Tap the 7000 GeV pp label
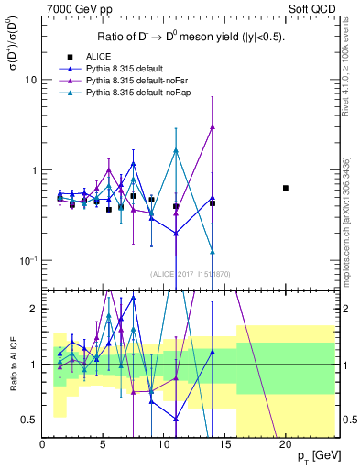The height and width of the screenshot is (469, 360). [74, 9]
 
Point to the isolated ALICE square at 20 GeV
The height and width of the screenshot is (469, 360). [286, 188]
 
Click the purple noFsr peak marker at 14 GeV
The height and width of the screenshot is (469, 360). [213, 127]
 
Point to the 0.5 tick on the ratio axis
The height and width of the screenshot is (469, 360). [30, 420]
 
